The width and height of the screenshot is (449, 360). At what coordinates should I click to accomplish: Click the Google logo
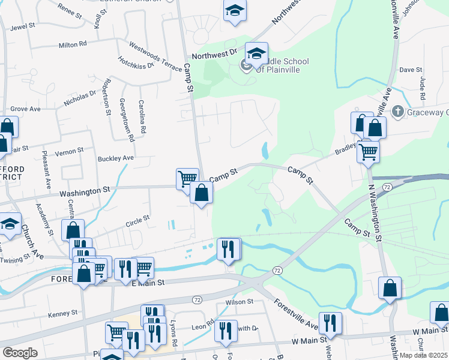point(20,353)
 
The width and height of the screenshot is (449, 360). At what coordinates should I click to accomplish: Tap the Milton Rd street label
point(73,44)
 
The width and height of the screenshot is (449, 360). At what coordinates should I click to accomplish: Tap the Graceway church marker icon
point(397,112)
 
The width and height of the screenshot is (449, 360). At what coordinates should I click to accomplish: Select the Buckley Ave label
point(115,158)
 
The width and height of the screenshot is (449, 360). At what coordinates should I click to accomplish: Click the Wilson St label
point(236,302)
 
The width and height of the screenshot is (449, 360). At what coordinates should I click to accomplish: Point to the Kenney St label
point(63,313)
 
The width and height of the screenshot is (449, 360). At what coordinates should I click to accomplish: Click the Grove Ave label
point(25,109)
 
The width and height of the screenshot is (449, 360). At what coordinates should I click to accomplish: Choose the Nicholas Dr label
point(80,99)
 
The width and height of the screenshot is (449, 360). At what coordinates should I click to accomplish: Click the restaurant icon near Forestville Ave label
point(330,323)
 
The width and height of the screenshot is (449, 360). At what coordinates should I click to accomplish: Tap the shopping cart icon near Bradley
point(367,152)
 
